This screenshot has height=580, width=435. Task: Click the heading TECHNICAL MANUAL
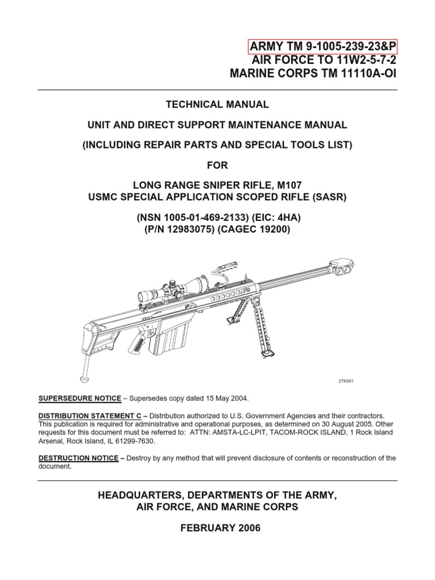point(217,105)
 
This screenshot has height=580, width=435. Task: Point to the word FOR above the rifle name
point(217,165)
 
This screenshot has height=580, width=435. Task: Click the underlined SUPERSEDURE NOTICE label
point(78,399)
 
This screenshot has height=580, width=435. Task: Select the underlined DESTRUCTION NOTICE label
point(79,458)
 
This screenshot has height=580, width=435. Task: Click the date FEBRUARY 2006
point(217,528)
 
